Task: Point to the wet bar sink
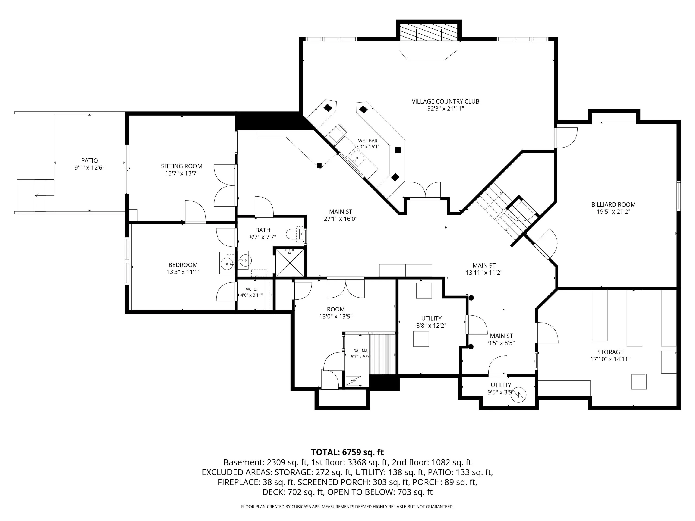click(357, 158)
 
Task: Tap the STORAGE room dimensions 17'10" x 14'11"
click(610, 359)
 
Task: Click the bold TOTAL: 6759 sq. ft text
click(347, 452)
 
